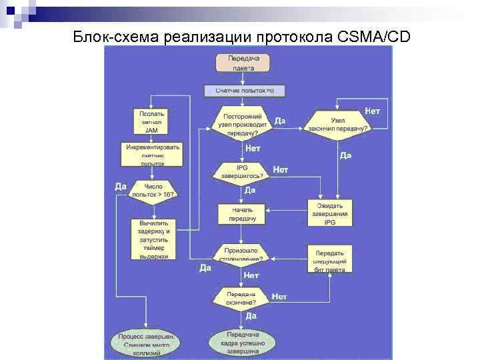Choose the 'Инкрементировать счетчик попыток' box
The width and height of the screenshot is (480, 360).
151,154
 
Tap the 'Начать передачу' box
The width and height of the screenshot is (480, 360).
241,213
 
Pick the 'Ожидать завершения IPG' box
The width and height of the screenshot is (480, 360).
330,213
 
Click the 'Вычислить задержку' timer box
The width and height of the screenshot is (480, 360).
153,239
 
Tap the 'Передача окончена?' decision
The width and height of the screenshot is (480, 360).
241,297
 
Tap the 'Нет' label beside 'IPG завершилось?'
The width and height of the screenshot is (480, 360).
281,171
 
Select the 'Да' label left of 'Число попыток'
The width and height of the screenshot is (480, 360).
121,187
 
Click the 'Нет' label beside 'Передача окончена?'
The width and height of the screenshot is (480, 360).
279,295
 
